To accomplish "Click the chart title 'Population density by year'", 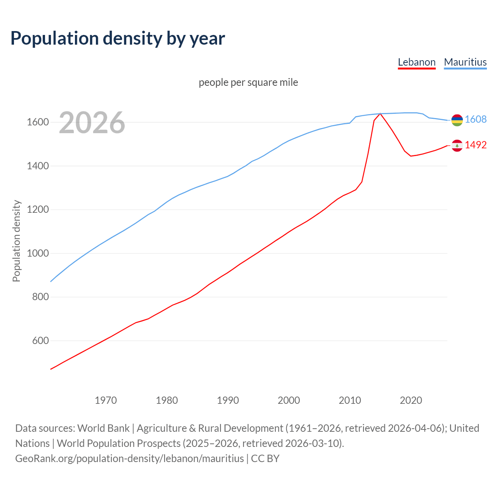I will click(118, 38).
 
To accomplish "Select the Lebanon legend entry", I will click(417, 62).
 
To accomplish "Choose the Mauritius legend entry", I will click(465, 62).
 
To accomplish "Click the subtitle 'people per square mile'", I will click(248, 82).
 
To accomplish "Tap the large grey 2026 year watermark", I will click(92, 123).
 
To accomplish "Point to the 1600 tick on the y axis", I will click(38, 122).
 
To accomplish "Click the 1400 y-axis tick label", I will click(38, 166).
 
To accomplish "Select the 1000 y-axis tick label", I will click(38, 254).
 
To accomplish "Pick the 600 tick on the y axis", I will click(40, 341).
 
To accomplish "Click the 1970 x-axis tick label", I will click(106, 400).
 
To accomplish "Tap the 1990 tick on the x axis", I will click(228, 400).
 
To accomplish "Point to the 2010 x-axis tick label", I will click(350, 400).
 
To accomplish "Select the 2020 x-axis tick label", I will click(411, 400).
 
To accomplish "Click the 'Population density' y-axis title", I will click(16, 241).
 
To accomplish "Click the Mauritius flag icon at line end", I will click(457, 120).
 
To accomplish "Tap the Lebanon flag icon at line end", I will click(457, 146).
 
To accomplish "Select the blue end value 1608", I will click(476, 119).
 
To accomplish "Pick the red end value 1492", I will click(476, 145).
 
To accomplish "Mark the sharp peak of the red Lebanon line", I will click(380, 113).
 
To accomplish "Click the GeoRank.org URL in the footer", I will click(129, 459).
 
